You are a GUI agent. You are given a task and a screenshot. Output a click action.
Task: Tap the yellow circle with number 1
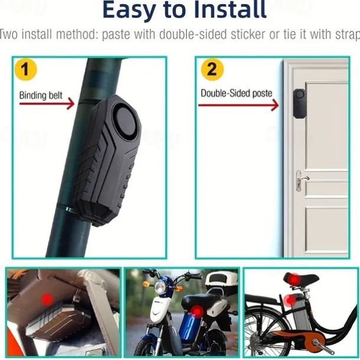[x=25, y=70]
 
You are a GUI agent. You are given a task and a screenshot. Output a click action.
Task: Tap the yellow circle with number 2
[x=212, y=70]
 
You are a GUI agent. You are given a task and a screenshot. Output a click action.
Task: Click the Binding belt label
[x=41, y=94]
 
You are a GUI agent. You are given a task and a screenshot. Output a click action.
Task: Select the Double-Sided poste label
[x=236, y=93]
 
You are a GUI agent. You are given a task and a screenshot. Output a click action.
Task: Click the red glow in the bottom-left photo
[x=47, y=300]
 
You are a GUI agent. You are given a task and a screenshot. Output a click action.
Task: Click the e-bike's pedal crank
[x=309, y=340]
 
